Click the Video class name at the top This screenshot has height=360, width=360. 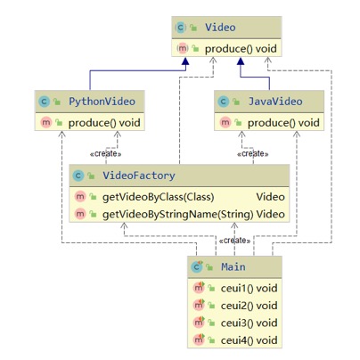click(x=220, y=28)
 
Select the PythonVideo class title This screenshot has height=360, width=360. click(x=102, y=102)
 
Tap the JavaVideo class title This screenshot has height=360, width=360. click(x=275, y=102)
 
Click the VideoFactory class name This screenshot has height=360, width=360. click(x=139, y=176)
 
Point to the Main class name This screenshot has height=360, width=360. click(x=233, y=266)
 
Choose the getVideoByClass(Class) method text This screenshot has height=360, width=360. click(x=158, y=197)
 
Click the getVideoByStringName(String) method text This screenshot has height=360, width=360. click(x=177, y=214)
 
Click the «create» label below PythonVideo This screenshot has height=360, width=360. click(x=105, y=154)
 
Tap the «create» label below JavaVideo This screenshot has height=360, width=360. click(x=253, y=154)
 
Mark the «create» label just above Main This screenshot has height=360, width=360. click(x=234, y=241)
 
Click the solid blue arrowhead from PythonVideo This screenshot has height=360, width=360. click(x=185, y=61)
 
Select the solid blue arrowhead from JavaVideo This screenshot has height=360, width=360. click(x=241, y=61)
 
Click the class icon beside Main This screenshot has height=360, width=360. click(x=197, y=266)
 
